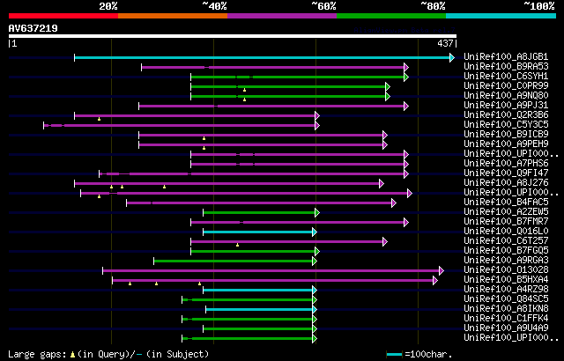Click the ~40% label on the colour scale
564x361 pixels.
tap(214, 6)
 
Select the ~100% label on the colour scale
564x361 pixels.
tap(538, 6)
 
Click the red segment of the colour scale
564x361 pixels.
tap(62, 16)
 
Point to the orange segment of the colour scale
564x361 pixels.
tap(172, 16)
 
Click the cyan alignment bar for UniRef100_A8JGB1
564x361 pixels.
tap(264, 57)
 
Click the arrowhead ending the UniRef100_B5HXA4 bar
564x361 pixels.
tap(435, 280)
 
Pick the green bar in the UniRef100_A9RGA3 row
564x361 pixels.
tap(234, 261)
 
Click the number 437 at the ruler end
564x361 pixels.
tap(445, 43)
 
